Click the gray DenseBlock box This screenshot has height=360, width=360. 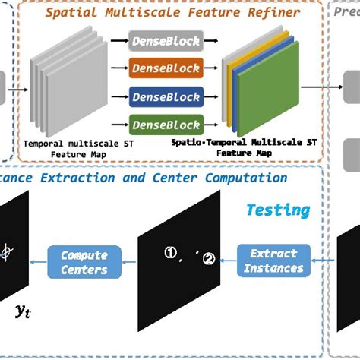click(x=166, y=42)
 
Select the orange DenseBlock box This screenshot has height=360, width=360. click(x=166, y=69)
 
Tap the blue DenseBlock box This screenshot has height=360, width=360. click(x=166, y=96)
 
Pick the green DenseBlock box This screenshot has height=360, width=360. click(x=166, y=124)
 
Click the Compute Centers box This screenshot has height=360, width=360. click(x=84, y=262)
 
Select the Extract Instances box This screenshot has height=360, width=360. click(x=274, y=261)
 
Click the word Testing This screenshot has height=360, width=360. click(x=277, y=210)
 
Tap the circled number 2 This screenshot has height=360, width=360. click(x=208, y=259)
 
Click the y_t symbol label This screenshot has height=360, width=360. click(x=23, y=311)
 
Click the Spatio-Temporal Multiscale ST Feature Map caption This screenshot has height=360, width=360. click(x=242, y=147)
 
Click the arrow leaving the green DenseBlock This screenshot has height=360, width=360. click(x=213, y=124)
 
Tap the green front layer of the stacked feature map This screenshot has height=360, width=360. click(x=263, y=95)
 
